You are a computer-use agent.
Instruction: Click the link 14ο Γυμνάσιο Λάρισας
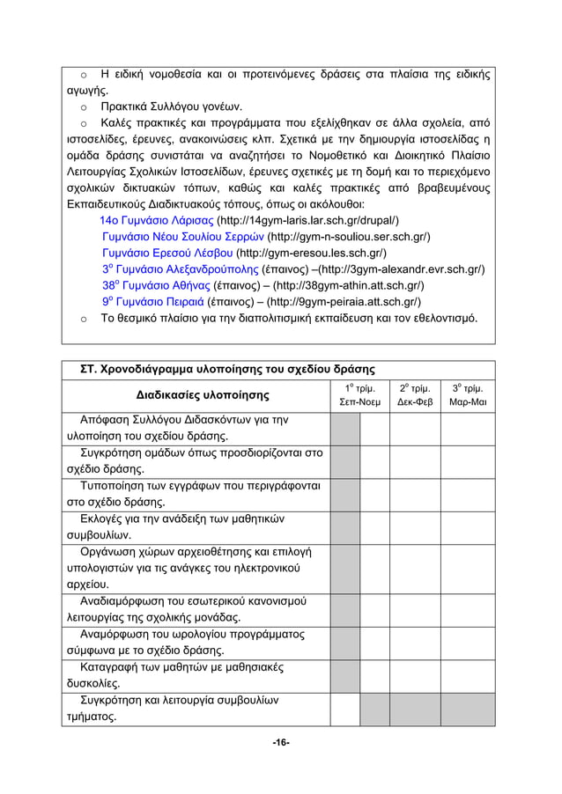[x=157, y=221]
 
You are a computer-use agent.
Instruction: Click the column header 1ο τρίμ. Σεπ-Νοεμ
[x=359, y=395]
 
